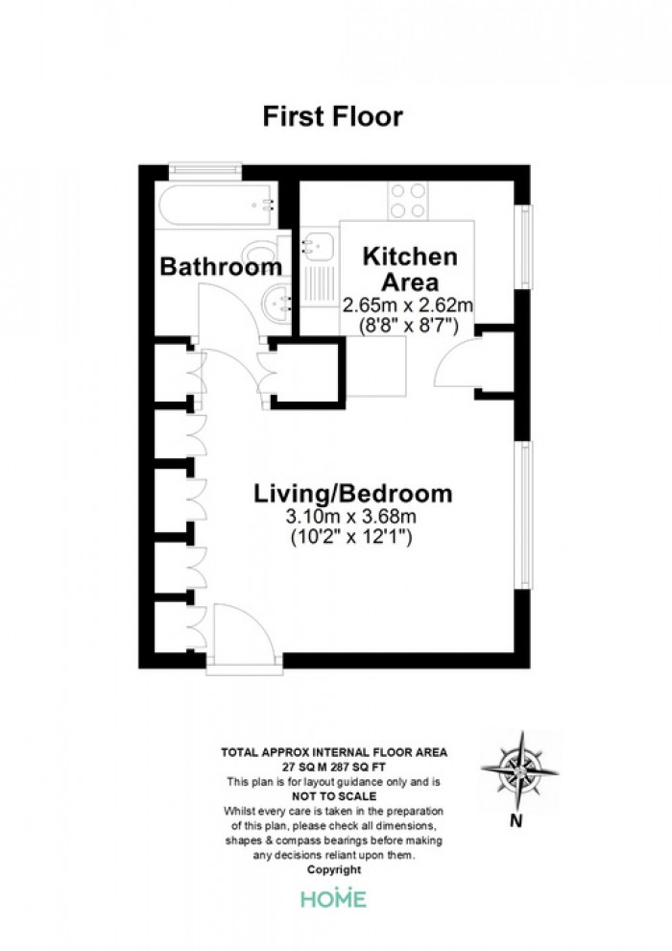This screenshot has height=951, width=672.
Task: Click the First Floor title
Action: coord(333,116)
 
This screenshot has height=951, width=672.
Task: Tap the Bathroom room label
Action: coord(221,267)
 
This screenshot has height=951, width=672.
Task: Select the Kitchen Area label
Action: coord(410,269)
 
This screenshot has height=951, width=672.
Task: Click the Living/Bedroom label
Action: coord(352,494)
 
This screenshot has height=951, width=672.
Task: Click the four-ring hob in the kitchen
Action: coord(407,201)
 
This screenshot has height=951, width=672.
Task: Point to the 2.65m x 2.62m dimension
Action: coord(408,305)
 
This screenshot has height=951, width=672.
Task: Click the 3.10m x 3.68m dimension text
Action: coord(351,517)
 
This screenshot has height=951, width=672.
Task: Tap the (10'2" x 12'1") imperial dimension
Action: coord(351,537)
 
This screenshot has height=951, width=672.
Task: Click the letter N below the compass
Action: coord(516,822)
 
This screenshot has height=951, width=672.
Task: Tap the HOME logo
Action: coord(334,897)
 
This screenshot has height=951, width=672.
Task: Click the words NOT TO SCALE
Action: coord(334,796)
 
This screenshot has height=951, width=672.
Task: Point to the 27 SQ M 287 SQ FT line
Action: coord(334,768)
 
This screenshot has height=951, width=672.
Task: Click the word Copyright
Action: coord(334,869)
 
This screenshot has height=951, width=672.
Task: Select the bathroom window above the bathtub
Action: coord(205,170)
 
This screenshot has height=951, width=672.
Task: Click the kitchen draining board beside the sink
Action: coord(318,283)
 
